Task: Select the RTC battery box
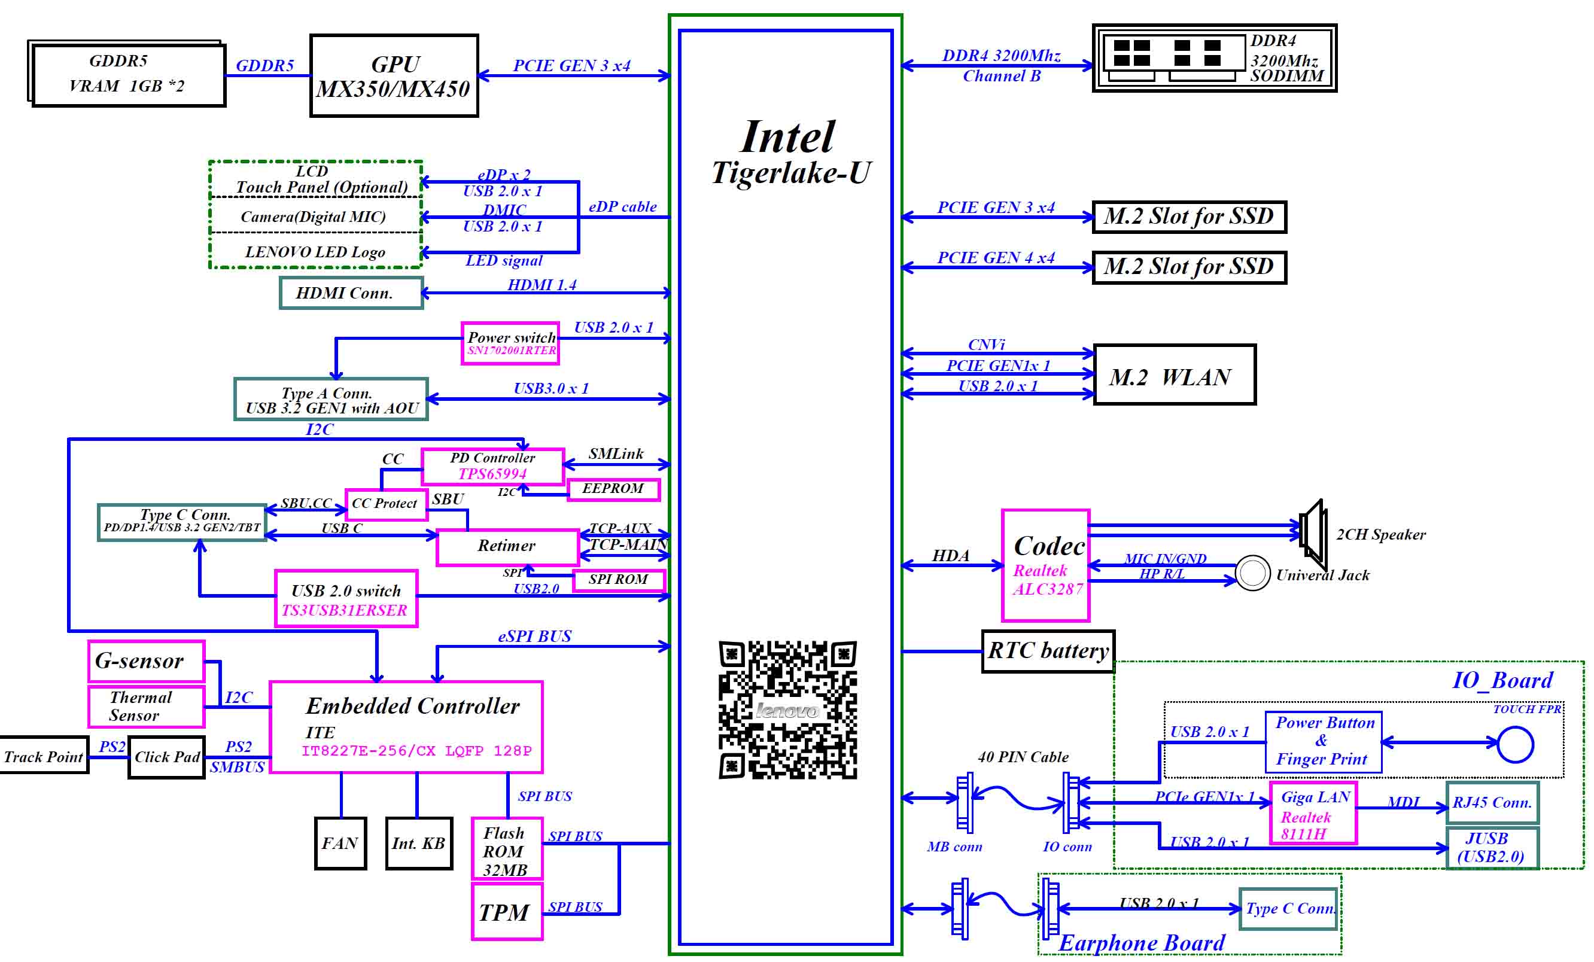(x=1047, y=651)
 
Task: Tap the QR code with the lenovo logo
(x=787, y=710)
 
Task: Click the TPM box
(x=507, y=912)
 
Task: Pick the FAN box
(x=340, y=843)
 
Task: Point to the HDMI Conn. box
(x=351, y=293)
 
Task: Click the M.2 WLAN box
(x=1174, y=375)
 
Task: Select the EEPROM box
(x=613, y=489)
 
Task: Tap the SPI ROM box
(x=619, y=580)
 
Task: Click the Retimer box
(x=507, y=547)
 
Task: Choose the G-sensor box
(x=146, y=661)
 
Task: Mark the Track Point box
(x=43, y=756)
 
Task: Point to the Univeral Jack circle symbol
(x=1252, y=573)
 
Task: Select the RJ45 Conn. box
(x=1492, y=803)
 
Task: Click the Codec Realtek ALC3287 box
(x=1045, y=565)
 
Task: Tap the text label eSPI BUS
(x=534, y=637)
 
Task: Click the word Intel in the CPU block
(x=787, y=137)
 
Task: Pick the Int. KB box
(x=419, y=843)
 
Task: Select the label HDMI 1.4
(x=542, y=285)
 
